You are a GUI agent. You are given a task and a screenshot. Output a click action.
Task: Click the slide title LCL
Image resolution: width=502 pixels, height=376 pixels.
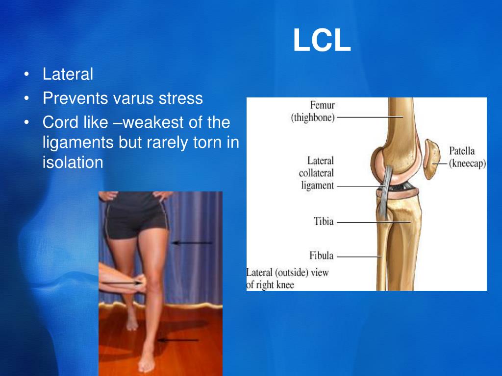click(322, 41)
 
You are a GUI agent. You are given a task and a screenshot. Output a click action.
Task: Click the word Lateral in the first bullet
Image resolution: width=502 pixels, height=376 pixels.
click(68, 74)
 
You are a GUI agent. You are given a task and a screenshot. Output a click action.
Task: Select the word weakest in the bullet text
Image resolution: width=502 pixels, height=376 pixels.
click(163, 122)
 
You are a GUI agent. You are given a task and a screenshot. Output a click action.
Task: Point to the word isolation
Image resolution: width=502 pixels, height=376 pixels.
click(73, 162)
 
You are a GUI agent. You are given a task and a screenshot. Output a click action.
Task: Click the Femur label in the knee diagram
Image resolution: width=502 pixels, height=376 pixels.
click(322, 105)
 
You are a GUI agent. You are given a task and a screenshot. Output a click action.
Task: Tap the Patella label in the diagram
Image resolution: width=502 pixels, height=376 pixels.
click(462, 151)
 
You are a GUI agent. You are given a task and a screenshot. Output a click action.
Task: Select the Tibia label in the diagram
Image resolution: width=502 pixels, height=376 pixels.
click(324, 221)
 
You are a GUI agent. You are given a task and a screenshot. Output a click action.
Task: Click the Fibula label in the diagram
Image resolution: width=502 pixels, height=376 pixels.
click(321, 256)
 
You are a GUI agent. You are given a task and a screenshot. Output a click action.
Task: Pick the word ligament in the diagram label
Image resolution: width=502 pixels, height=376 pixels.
click(317, 186)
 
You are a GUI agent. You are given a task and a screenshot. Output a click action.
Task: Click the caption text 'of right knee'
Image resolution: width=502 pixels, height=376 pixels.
click(270, 284)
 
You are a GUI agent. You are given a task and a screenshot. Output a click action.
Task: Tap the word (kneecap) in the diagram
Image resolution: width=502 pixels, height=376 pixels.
click(468, 164)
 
